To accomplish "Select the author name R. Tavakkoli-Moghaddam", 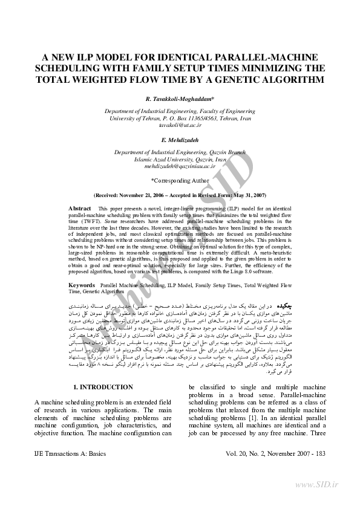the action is tap(180, 98).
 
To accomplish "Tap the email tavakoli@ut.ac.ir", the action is tap(180, 125).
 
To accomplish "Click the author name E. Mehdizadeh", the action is tap(180, 140).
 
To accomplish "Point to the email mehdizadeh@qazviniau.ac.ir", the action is tap(180, 165).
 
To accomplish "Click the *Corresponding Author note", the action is tap(180, 180).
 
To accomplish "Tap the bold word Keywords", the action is tap(82, 284).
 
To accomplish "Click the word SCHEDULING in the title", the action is tap(68, 68).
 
